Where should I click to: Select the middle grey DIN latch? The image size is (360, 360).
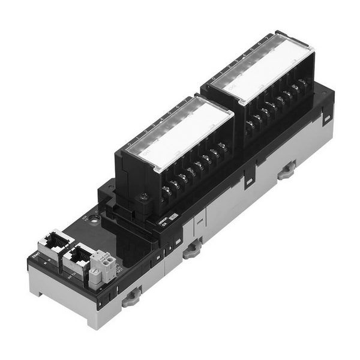click(x=191, y=247)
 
